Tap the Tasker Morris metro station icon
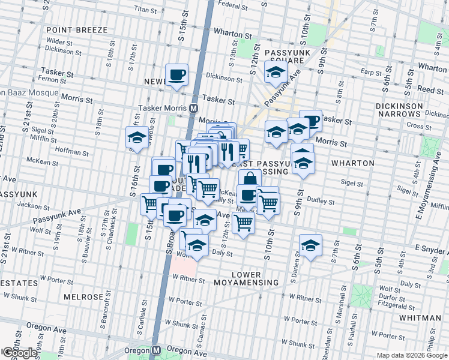click(x=194, y=109)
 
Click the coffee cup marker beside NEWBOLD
click(x=176, y=74)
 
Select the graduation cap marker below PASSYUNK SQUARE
click(x=276, y=73)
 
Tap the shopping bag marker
click(x=250, y=178)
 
